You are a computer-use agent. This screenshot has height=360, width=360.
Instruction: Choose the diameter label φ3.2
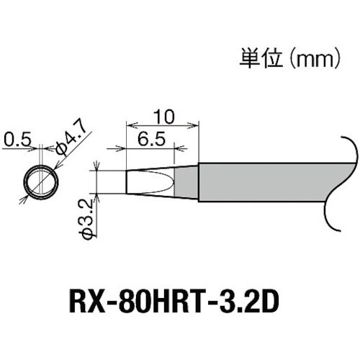coord(84,222)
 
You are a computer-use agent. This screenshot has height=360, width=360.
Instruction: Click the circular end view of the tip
coord(40,181)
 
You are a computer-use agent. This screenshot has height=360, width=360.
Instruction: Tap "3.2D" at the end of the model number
coord(251,299)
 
